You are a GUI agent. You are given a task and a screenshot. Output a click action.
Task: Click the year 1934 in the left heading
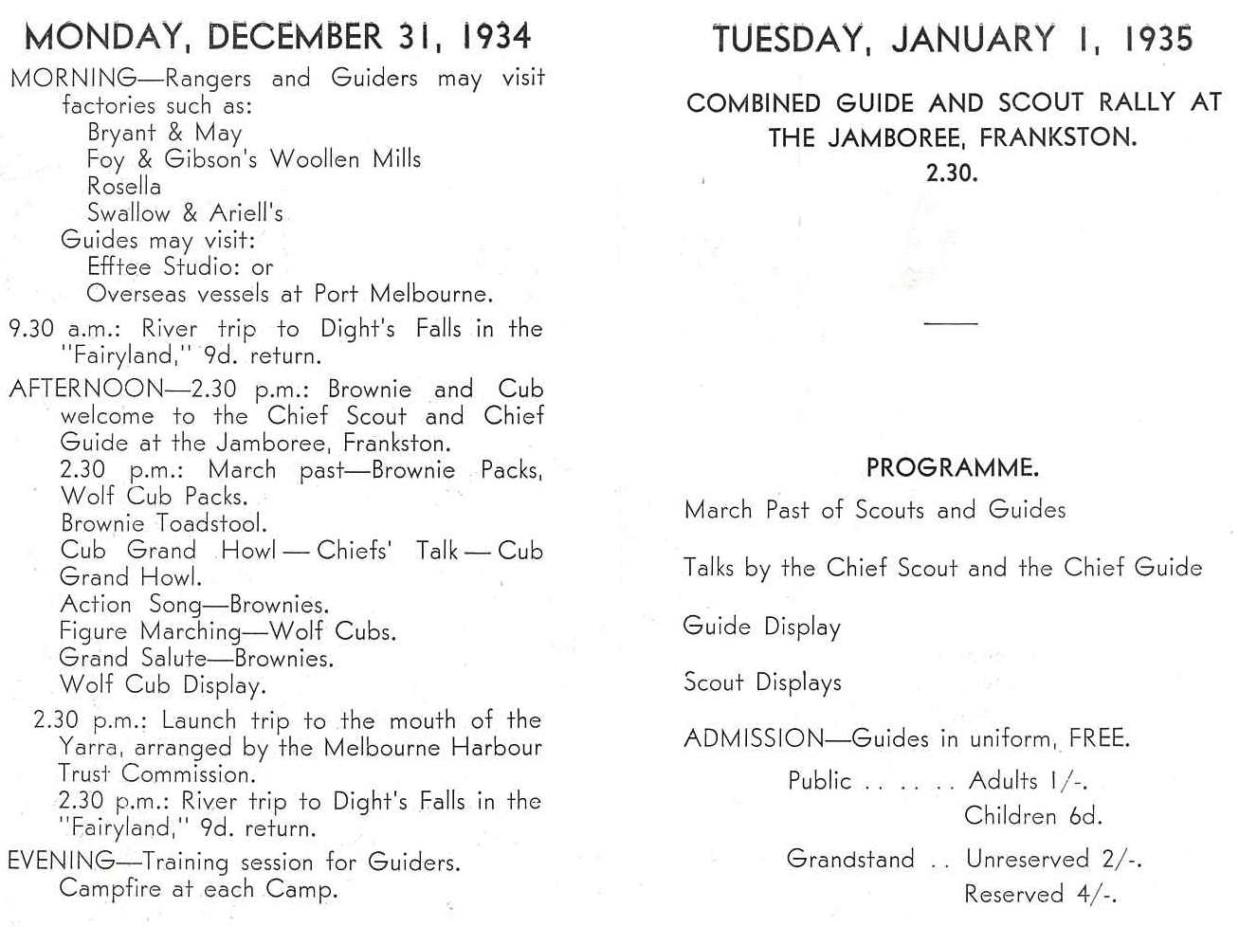coord(496,37)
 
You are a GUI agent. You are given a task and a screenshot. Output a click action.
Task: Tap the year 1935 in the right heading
coord(1157,39)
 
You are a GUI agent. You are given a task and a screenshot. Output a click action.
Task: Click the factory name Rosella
coord(124,186)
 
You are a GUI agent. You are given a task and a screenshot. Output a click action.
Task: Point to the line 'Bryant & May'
coord(165,133)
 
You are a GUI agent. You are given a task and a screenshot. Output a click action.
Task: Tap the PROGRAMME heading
coord(952,467)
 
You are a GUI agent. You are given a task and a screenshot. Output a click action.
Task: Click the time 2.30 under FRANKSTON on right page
coord(951,173)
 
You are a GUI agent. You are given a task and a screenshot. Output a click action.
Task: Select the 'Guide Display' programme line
coord(761,627)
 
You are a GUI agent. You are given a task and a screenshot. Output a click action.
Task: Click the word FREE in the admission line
coord(1098,738)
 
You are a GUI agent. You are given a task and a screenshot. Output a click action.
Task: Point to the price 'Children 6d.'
coord(1032,816)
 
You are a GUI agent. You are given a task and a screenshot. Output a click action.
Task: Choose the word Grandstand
coord(850,859)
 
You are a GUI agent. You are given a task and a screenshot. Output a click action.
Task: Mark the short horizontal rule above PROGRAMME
coord(951,323)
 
